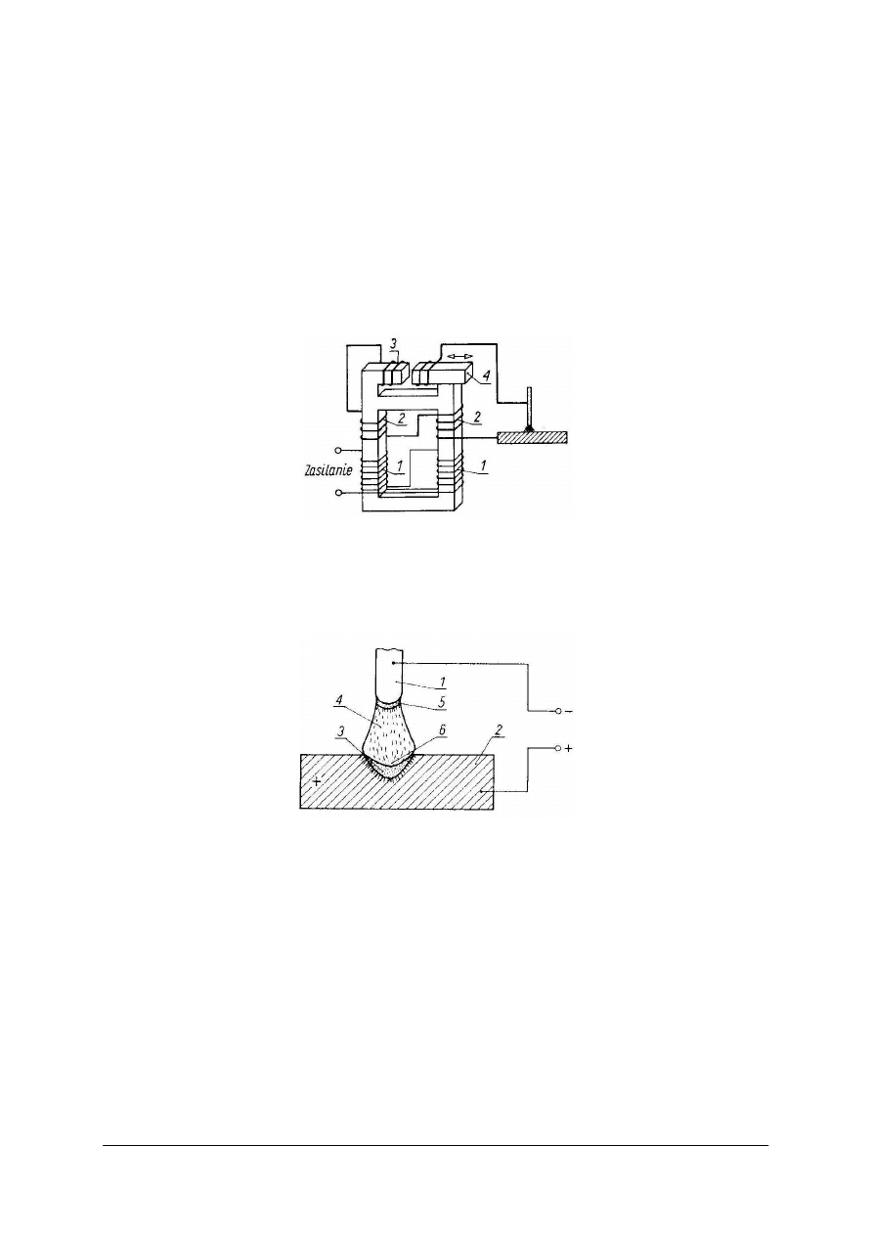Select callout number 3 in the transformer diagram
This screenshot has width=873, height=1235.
tap(393, 343)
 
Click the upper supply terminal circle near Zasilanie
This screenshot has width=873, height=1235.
tap(338, 450)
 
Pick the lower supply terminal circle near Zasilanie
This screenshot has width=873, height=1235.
tap(338, 492)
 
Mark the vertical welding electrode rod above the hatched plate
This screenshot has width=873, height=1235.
tap(529, 407)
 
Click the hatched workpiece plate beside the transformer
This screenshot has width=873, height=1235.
tap(533, 437)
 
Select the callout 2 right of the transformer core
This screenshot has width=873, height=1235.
tap(477, 417)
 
